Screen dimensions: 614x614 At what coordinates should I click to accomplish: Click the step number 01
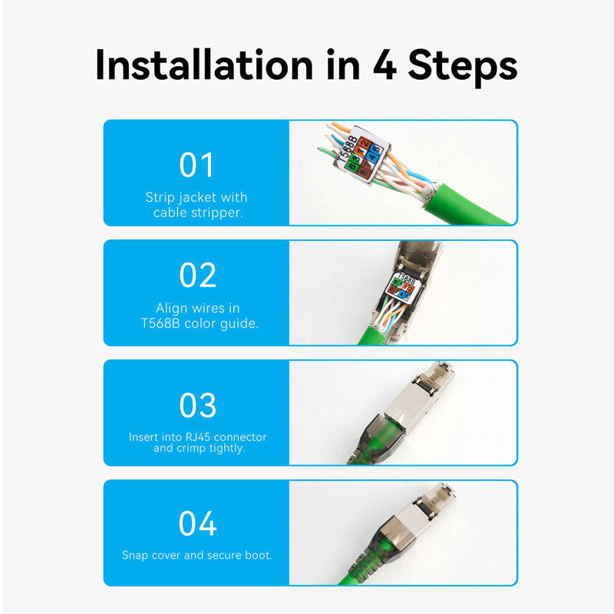[x=197, y=165]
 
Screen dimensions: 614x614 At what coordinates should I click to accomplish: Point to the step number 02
[x=197, y=276]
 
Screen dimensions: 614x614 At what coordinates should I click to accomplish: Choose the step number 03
[x=197, y=405]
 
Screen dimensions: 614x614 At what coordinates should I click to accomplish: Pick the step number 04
[x=197, y=525]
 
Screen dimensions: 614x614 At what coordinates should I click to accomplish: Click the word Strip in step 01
[x=160, y=198]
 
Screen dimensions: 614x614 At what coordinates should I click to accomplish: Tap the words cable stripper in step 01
[x=197, y=212]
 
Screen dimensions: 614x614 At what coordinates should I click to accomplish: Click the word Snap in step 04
[x=135, y=555]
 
